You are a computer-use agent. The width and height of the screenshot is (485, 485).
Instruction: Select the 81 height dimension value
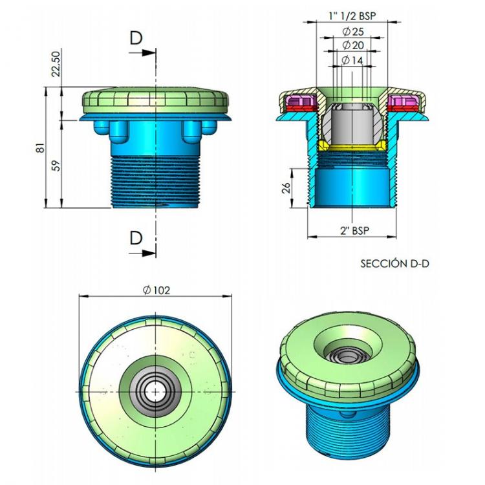tap(40, 149)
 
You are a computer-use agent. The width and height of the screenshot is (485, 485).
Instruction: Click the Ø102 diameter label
tap(156, 290)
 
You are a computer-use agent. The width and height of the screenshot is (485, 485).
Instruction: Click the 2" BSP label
tap(352, 231)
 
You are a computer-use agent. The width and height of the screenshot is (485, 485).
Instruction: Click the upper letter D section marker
tap(135, 39)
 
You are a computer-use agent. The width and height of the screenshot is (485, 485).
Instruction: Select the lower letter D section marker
tap(135, 238)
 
